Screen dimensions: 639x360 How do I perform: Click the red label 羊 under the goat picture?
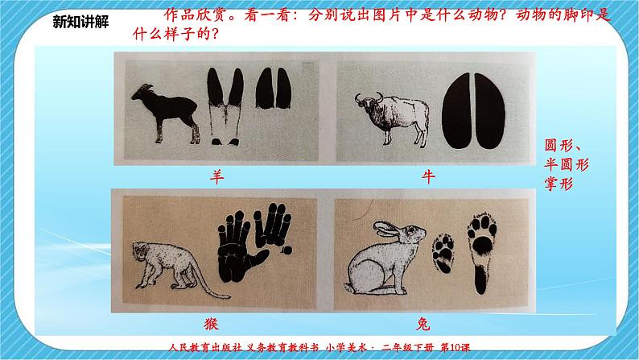tap(216, 177)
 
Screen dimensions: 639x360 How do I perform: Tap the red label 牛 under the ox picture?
tap(428, 177)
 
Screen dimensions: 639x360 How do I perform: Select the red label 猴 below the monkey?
tap(211, 324)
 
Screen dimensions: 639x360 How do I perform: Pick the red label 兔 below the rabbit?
tap(423, 324)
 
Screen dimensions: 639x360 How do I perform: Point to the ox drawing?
tap(393, 118)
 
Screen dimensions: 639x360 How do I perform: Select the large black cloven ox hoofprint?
tap(474, 111)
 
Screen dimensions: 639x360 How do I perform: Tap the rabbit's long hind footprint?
tap(482, 253)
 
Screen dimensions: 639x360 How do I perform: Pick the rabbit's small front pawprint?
tap(443, 253)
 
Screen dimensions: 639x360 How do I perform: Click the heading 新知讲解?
tap(80, 22)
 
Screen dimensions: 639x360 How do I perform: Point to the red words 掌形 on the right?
tap(559, 184)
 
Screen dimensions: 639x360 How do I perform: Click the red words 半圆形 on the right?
tap(567, 164)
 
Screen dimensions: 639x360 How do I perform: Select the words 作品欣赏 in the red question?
tap(196, 15)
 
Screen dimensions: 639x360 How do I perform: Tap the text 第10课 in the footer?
tap(456, 347)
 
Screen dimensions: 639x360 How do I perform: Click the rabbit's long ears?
tap(387, 230)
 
